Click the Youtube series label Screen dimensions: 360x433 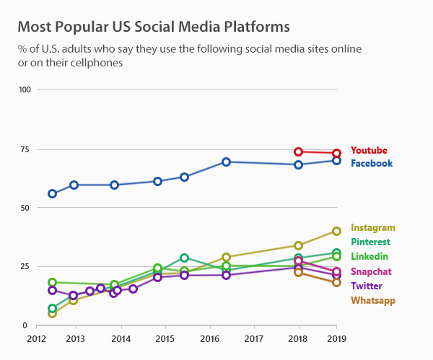369,150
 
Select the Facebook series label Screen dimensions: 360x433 372,163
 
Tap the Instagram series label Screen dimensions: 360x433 372,227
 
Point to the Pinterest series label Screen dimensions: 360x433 370,242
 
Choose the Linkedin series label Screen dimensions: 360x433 369,256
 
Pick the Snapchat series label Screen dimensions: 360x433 371,271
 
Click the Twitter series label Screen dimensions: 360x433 367,286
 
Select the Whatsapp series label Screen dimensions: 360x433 373,300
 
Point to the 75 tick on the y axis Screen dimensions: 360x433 27,149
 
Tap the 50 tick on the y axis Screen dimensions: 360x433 27,208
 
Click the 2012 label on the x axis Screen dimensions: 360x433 36,338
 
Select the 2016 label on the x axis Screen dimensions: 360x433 209,338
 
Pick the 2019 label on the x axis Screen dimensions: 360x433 336,338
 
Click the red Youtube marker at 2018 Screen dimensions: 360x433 298,152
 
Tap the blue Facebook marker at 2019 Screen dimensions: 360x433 336,160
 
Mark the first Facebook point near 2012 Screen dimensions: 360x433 52,193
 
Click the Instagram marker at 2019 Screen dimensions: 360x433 336,231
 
